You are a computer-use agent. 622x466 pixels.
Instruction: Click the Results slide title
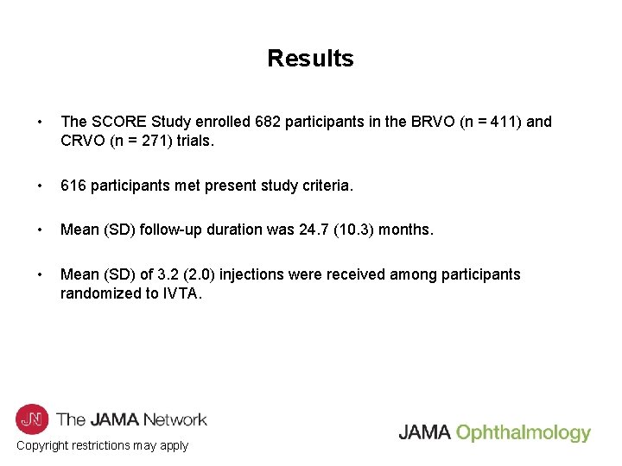310,59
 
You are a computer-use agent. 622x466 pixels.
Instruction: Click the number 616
73,186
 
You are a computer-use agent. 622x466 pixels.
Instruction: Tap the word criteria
323,186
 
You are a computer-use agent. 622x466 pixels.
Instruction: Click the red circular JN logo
32,419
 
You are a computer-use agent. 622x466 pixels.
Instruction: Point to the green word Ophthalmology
524,433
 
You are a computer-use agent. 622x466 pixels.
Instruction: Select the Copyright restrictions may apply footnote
102,446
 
